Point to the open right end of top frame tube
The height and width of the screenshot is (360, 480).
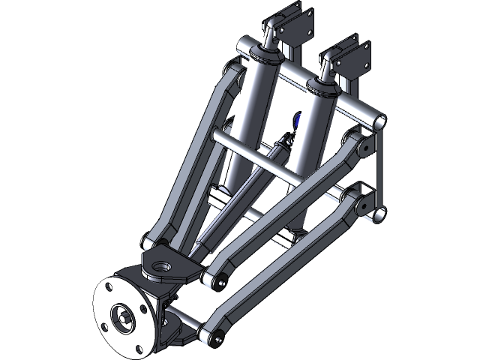click(378, 120)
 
